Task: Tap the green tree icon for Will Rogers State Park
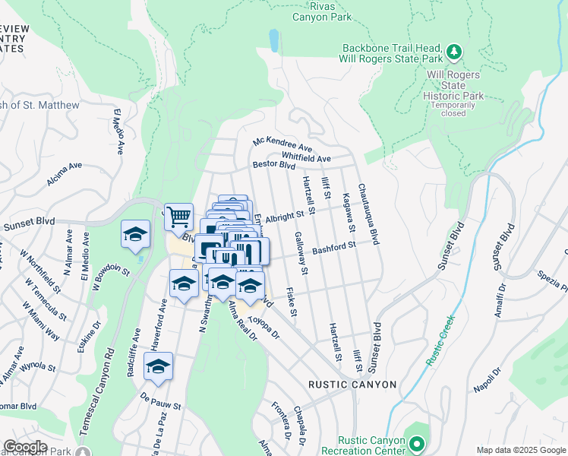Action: tap(454, 52)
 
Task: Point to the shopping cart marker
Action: tap(178, 217)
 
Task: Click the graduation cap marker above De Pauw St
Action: tap(159, 367)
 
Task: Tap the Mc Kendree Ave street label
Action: tap(283, 144)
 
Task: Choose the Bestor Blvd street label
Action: tap(273, 164)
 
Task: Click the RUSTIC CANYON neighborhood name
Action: tap(352, 385)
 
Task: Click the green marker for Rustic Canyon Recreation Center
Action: tap(416, 443)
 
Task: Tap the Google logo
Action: tap(26, 447)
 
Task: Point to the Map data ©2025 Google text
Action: tap(521, 450)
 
